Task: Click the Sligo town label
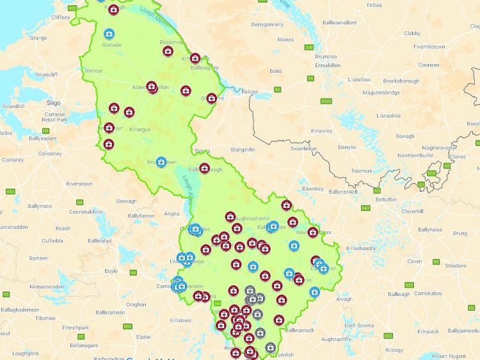tap(53, 102)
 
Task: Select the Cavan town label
tap(415, 261)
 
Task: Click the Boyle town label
tap(111, 270)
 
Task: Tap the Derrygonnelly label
tap(267, 24)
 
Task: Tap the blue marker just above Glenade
tap(109, 33)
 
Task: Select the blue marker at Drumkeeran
tap(161, 163)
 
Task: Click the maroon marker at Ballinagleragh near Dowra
tap(204, 169)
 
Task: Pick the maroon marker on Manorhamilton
tap(152, 86)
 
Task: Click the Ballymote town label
tap(40, 206)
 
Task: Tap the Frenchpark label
tap(76, 327)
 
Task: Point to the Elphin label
tap(143, 337)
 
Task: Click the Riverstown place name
tap(79, 184)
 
